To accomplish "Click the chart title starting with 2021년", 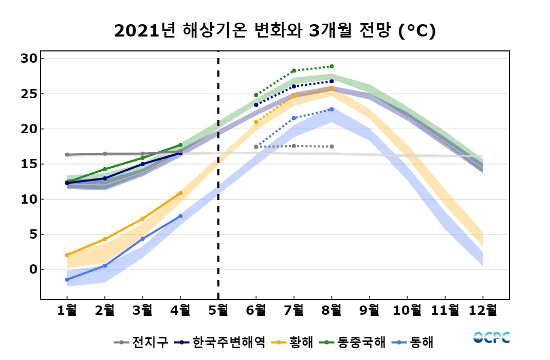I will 275,31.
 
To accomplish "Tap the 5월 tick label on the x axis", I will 218,310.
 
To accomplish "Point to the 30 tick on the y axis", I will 29,59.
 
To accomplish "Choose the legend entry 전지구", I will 141,342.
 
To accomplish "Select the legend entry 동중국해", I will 353,342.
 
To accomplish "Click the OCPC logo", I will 491,337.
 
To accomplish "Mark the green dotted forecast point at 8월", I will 332,66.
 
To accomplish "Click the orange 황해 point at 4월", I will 180,193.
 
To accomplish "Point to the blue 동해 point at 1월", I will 67,279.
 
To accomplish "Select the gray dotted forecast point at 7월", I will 294,146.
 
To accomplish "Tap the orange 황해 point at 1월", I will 67,255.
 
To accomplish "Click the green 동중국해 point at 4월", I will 180,145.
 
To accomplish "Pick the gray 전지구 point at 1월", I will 67,154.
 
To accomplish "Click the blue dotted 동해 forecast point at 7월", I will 294,118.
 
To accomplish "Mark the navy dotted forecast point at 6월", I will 256,105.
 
